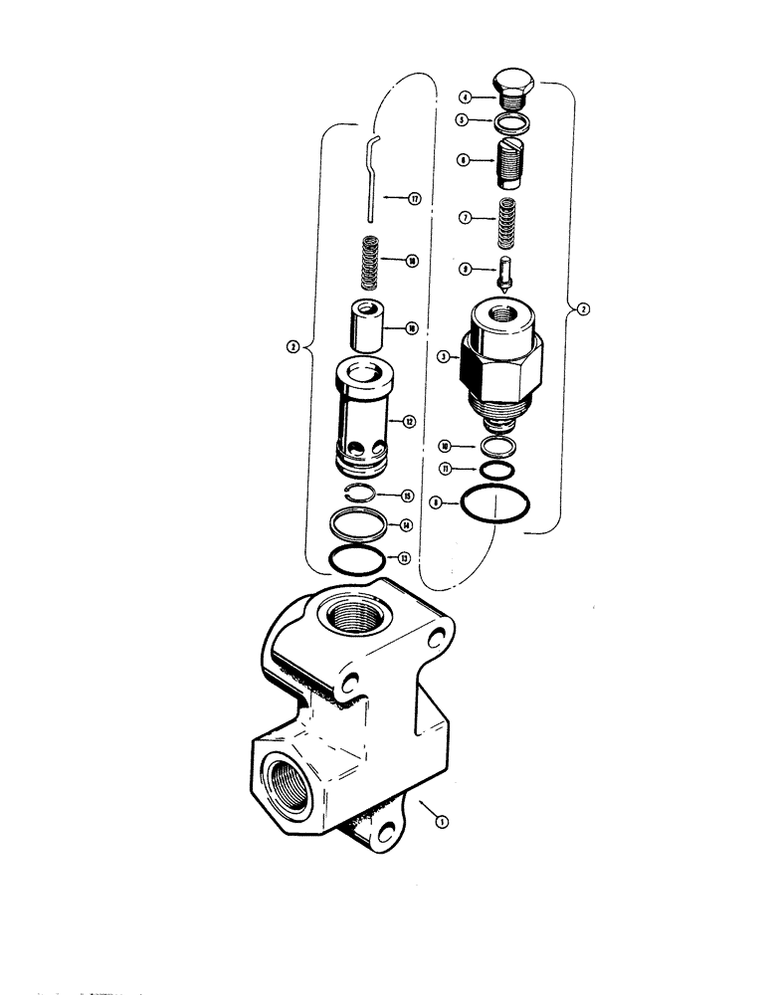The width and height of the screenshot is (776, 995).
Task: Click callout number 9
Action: tap(465, 268)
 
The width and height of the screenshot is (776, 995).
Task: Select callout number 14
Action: tap(406, 525)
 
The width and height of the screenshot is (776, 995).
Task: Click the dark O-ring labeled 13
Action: tap(357, 560)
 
